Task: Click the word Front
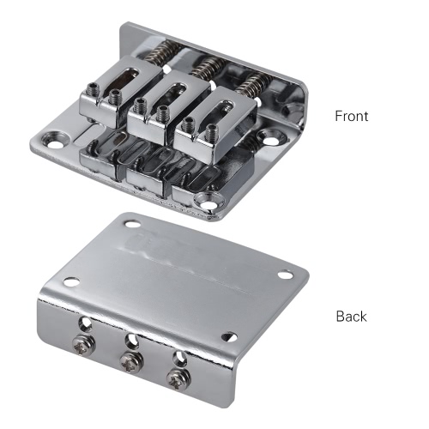point(352,116)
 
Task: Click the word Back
point(351,317)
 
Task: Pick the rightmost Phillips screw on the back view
point(179,378)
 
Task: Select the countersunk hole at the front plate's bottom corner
point(208,201)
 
